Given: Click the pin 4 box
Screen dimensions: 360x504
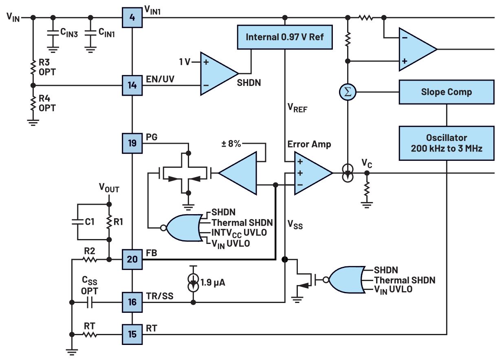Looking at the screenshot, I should [x=133, y=18].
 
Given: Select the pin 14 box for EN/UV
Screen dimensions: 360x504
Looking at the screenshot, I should [x=133, y=85].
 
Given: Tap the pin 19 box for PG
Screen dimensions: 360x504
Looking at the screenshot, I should [x=133, y=143].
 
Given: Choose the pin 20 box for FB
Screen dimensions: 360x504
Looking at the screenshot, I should [x=133, y=259].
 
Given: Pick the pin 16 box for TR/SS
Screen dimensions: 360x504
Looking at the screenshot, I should [x=133, y=302].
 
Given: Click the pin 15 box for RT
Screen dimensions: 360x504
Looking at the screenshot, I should [x=133, y=334].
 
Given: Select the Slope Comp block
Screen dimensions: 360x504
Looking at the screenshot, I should [x=446, y=92].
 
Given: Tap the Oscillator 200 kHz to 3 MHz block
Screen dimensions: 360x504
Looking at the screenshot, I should [x=446, y=143].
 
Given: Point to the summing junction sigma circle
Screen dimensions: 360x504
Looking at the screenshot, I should [x=348, y=92].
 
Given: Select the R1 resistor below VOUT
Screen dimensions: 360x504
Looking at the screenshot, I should [x=109, y=222].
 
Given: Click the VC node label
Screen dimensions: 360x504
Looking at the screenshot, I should [x=366, y=163].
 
